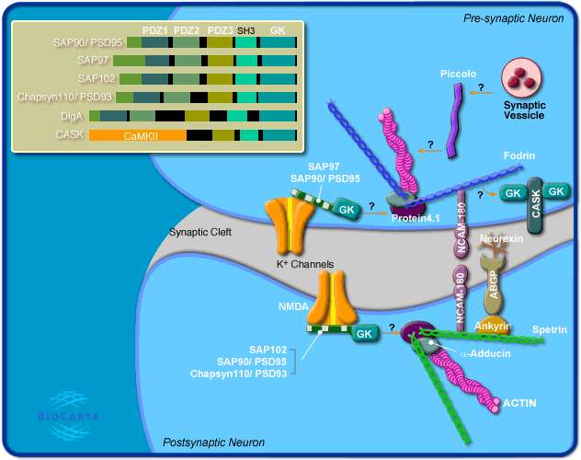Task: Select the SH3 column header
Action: (x=246, y=31)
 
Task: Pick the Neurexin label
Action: (x=501, y=238)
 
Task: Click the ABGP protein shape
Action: (x=493, y=285)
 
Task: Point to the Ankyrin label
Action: (x=492, y=325)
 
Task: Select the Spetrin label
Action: (x=549, y=328)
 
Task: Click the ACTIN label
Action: (x=518, y=402)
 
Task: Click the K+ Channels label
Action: (x=304, y=264)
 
